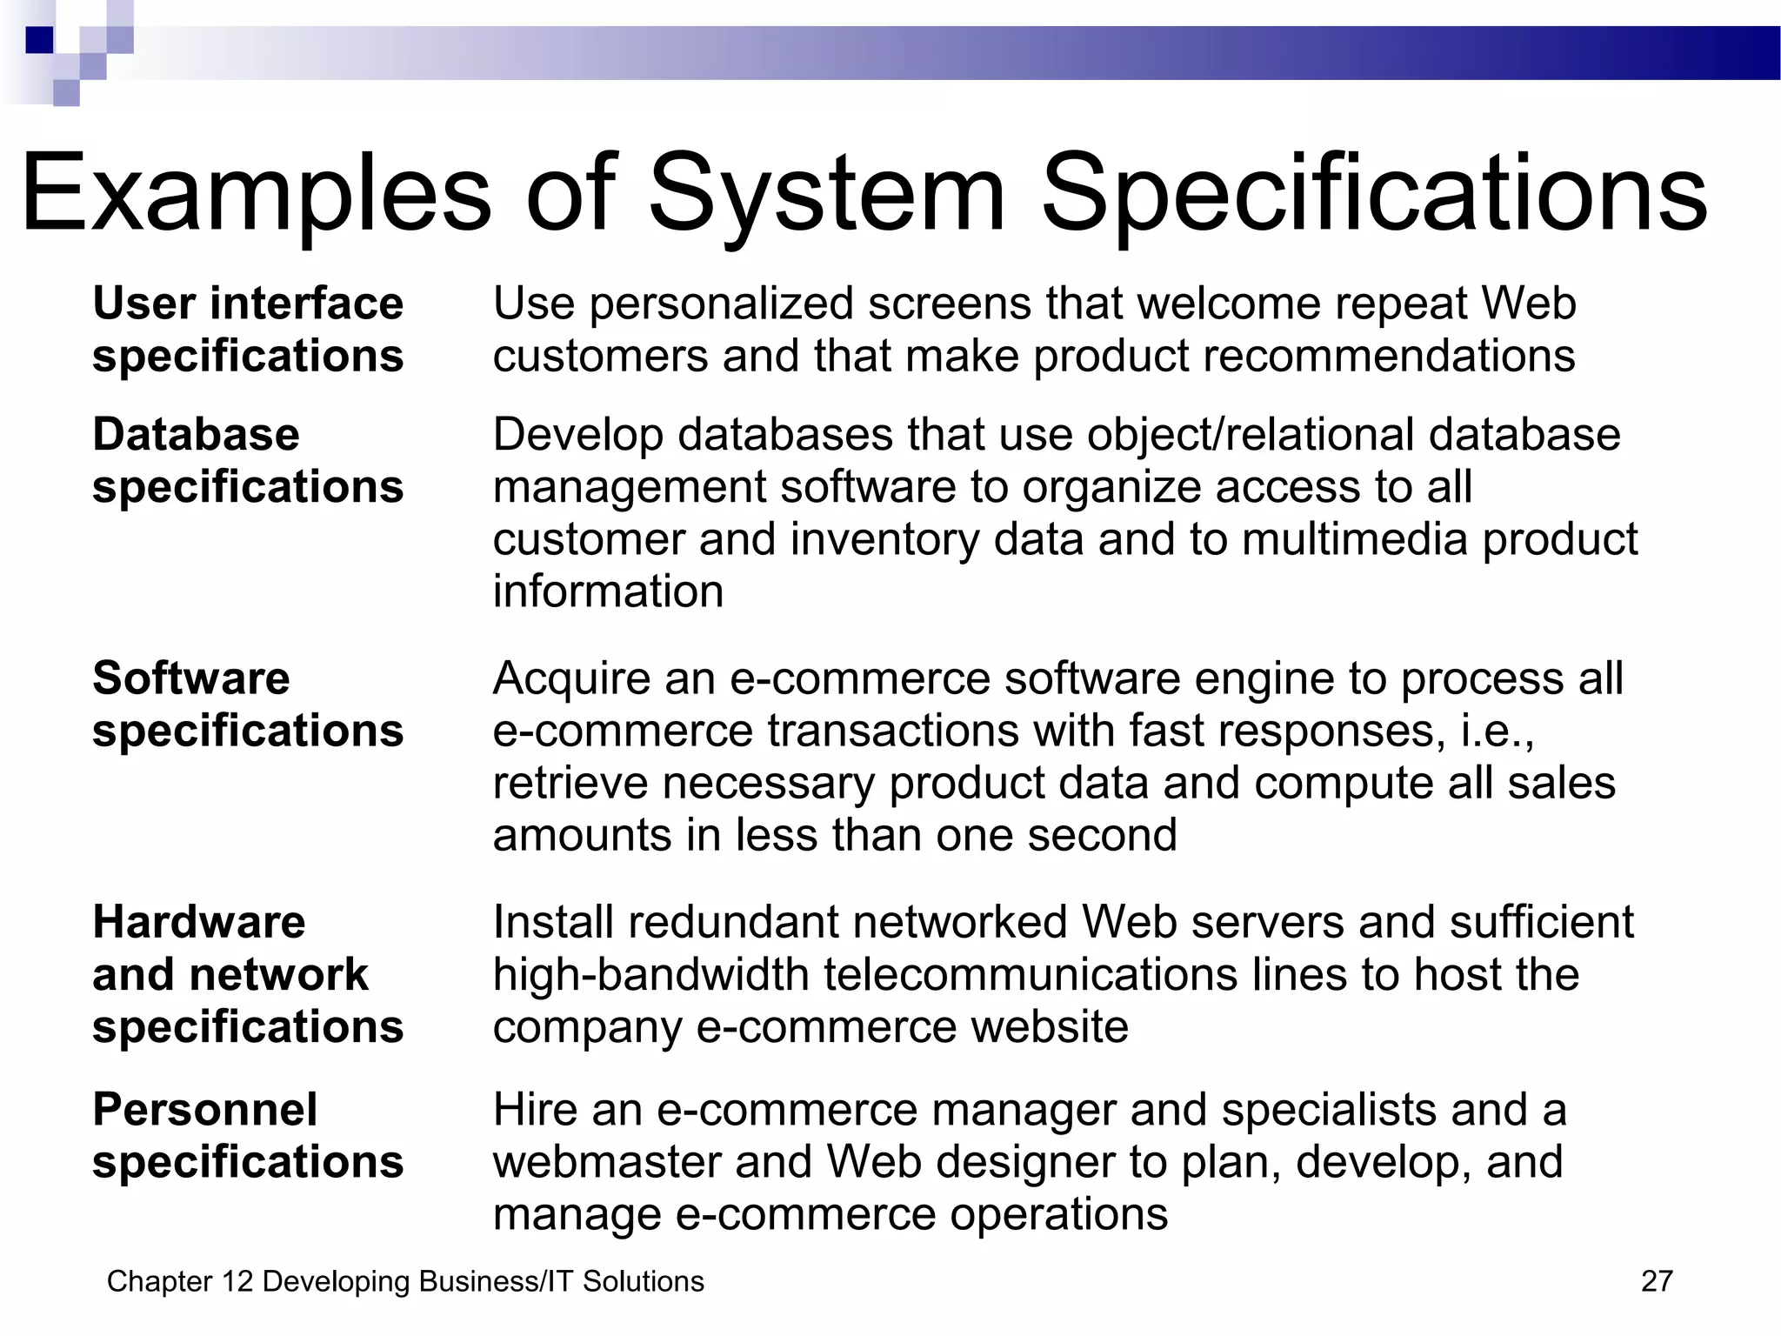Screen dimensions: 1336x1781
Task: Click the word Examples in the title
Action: click(x=256, y=193)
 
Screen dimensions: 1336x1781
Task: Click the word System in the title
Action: click(x=826, y=193)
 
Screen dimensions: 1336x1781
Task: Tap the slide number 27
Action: click(x=1657, y=1281)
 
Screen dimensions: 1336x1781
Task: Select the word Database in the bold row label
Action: click(x=196, y=434)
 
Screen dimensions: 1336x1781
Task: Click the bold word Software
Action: click(x=190, y=678)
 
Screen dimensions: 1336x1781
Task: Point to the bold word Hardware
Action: click(x=198, y=922)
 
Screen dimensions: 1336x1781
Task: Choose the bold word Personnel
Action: click(x=204, y=1110)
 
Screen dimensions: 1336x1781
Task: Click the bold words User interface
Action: click(x=248, y=304)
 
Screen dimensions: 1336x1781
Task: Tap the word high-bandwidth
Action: click(x=651, y=974)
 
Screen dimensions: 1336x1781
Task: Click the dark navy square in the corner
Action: click(x=39, y=40)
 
